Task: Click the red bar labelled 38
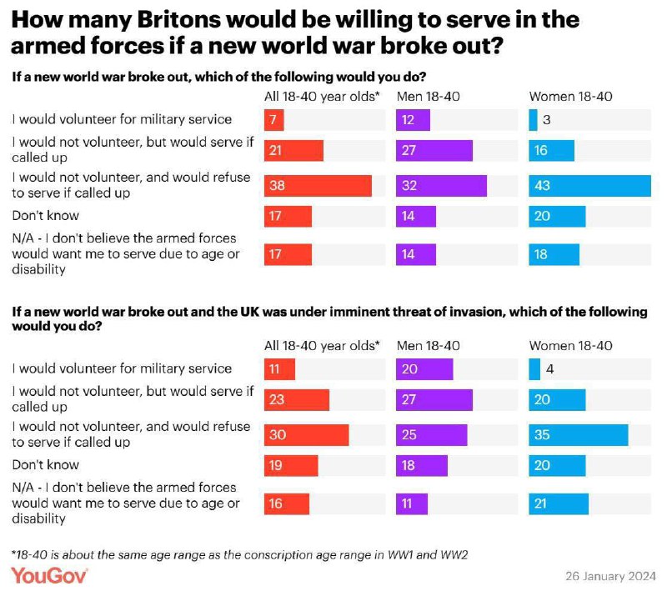point(318,185)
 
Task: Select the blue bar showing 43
point(589,185)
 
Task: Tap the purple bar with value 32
point(441,185)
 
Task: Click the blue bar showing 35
point(578,434)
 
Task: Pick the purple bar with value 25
point(431,434)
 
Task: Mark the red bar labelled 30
point(306,434)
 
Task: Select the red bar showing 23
point(296,400)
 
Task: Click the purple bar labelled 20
point(424,369)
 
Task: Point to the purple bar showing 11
point(412,504)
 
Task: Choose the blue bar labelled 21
point(559,504)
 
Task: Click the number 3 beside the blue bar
point(548,121)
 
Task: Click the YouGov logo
point(49,576)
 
